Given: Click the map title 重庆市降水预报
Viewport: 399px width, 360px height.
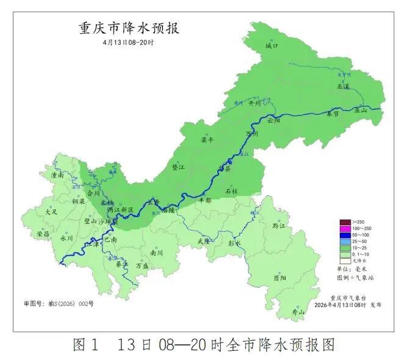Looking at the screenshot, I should [x=129, y=28].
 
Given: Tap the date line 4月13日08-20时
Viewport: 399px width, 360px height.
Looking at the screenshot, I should [x=128, y=42].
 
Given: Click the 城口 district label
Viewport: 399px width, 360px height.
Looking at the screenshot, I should [x=271, y=46].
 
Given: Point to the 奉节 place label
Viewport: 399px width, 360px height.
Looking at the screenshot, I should [x=332, y=113].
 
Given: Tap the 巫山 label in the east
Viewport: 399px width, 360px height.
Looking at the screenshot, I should [x=361, y=110].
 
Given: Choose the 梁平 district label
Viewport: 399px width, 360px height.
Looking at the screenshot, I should [x=208, y=140].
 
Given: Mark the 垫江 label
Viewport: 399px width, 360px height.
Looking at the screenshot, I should [x=178, y=166].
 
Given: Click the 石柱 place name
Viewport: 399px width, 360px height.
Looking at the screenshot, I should [x=230, y=191].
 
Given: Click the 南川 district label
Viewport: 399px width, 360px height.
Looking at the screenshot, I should [x=157, y=253].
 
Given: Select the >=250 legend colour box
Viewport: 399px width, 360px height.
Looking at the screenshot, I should [x=345, y=221].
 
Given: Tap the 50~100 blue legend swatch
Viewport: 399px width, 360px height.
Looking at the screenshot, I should [x=345, y=235].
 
